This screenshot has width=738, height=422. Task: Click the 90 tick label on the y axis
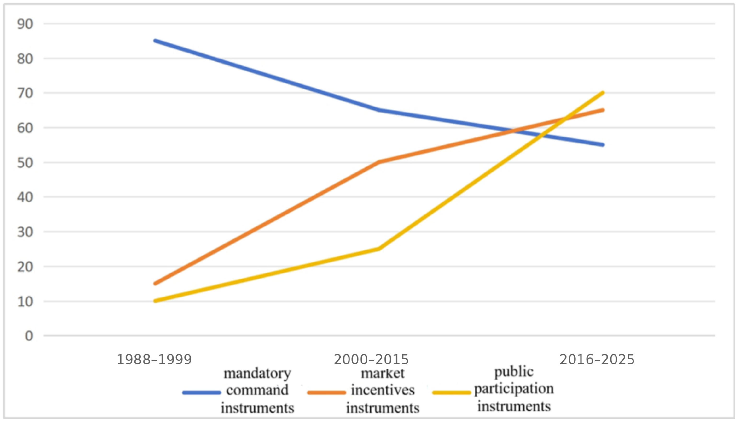(x=25, y=24)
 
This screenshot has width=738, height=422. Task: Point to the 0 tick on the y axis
(x=29, y=336)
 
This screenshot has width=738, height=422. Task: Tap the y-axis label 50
(x=25, y=163)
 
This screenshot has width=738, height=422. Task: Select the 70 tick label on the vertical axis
(x=25, y=93)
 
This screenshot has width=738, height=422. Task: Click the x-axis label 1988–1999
(x=154, y=360)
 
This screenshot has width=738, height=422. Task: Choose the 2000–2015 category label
(x=371, y=360)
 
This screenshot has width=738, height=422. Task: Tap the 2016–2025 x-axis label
(x=597, y=360)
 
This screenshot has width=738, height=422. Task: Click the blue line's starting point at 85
(x=156, y=41)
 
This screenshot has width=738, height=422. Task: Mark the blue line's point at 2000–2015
(x=379, y=110)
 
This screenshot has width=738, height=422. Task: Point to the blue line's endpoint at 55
(x=603, y=145)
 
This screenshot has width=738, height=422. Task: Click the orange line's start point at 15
(x=156, y=284)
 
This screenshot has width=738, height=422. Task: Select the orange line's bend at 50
(x=379, y=162)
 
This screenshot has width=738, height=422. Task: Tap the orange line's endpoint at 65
(x=603, y=110)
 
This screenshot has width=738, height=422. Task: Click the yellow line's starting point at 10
(x=156, y=301)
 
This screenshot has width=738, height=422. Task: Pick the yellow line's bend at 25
(x=379, y=249)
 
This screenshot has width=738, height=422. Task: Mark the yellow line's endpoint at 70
(x=603, y=93)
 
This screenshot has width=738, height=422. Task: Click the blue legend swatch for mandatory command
(x=202, y=393)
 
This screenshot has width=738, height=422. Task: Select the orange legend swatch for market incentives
(x=327, y=393)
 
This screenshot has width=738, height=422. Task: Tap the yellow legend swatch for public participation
(x=452, y=393)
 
